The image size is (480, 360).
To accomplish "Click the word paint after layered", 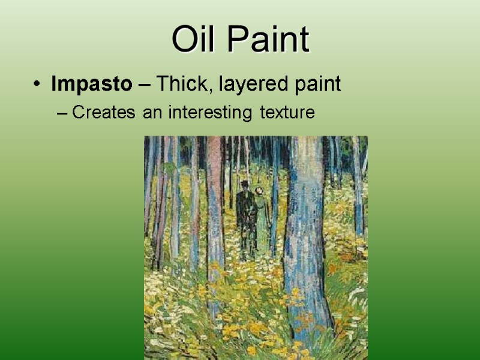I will [x=313, y=85].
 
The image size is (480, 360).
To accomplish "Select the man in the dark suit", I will [x=245, y=213].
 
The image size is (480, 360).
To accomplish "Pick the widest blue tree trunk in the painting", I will [x=306, y=228].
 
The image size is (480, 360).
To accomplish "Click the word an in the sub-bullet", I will [x=150, y=112].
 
